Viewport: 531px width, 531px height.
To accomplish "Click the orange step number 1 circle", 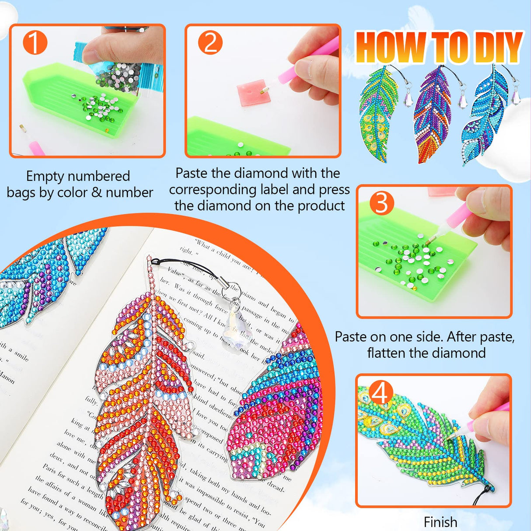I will (x=35, y=43).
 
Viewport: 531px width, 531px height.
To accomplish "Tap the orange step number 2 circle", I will (x=210, y=43).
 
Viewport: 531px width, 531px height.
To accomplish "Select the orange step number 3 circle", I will (x=381, y=203).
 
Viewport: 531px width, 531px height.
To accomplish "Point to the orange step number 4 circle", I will (x=381, y=392).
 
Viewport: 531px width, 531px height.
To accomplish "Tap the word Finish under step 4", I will (x=440, y=522).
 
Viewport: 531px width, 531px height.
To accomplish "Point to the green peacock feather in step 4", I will (x=420, y=442).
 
